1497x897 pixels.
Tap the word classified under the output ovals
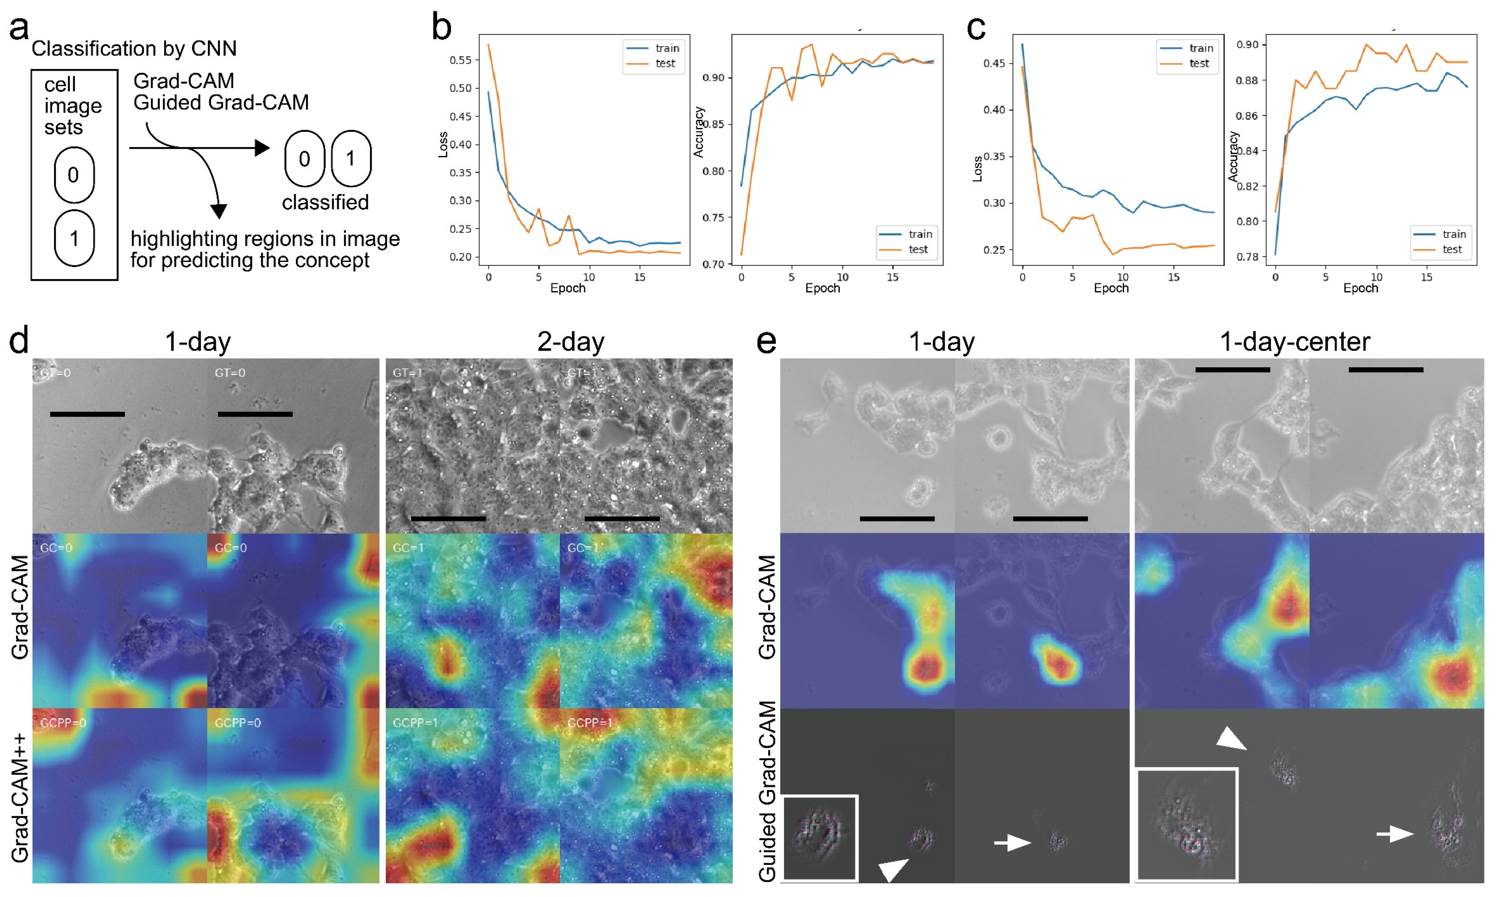[325, 202]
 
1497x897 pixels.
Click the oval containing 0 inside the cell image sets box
[74, 175]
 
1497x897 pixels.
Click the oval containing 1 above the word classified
[351, 158]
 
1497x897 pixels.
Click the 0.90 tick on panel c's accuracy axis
[1247, 45]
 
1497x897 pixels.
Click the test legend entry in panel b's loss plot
[655, 64]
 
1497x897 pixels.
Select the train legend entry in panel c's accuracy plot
[1443, 234]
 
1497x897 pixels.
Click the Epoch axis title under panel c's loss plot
[1110, 288]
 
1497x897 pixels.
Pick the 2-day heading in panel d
[570, 342]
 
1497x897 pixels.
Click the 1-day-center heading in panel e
[1294, 342]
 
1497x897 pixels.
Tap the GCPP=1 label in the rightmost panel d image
[589, 722]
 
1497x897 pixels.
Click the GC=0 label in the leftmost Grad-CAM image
[56, 548]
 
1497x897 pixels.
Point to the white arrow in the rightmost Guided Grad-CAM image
[1394, 834]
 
